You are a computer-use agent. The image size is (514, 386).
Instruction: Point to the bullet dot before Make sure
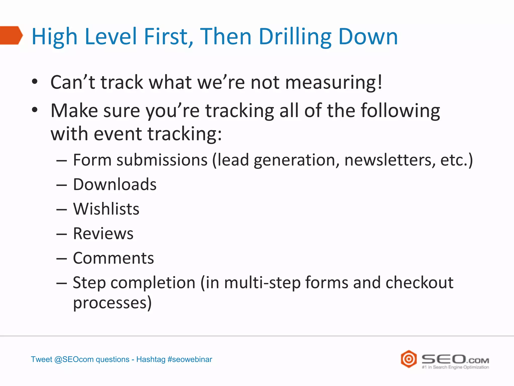(35, 110)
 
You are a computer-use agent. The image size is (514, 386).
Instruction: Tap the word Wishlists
(106, 209)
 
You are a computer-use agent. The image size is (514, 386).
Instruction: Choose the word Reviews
(103, 233)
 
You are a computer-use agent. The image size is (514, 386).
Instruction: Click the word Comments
(113, 258)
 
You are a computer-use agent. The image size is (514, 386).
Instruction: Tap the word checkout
(419, 282)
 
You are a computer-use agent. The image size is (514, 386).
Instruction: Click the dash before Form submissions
(62, 160)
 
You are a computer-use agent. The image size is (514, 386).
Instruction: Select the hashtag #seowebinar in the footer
(190, 359)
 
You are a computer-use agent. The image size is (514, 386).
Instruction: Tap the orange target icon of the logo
(409, 359)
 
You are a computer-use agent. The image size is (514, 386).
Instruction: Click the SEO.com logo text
(455, 359)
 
